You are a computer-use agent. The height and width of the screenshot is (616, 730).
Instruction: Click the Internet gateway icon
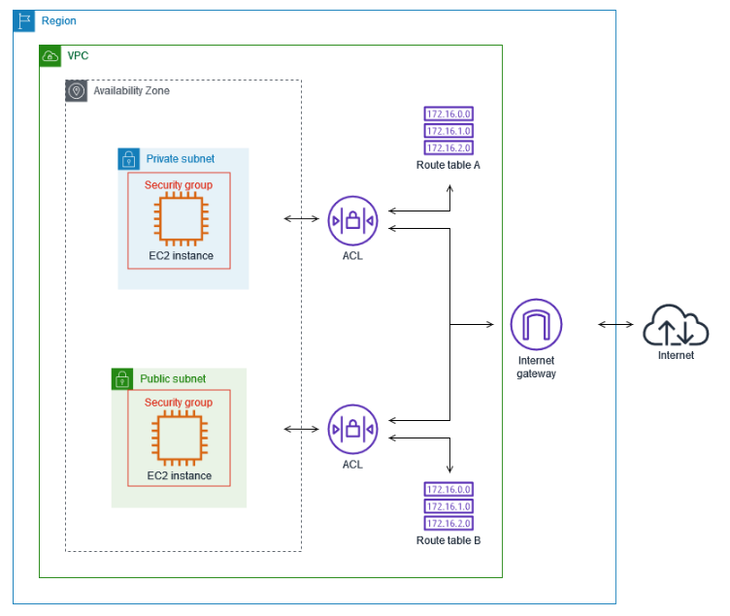tap(536, 324)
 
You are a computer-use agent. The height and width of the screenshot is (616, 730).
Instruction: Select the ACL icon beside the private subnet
tap(352, 220)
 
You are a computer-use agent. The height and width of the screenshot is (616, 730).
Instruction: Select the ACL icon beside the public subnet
tap(352, 429)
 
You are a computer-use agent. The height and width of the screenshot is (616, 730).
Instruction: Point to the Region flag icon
tap(24, 20)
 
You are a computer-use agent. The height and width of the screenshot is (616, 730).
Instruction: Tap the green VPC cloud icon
tap(50, 55)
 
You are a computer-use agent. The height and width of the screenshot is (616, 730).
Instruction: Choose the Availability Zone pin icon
tap(76, 90)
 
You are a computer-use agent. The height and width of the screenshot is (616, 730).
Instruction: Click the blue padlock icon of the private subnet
tap(128, 158)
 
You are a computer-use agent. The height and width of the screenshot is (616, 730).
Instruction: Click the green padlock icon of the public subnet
tap(122, 378)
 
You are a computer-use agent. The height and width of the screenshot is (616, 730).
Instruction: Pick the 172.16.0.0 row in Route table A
tap(448, 114)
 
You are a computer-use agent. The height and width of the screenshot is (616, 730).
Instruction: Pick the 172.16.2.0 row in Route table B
tap(448, 523)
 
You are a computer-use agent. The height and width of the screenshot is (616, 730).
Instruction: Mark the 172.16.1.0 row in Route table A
tap(448, 131)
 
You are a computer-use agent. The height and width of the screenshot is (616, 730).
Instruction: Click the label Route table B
tap(448, 540)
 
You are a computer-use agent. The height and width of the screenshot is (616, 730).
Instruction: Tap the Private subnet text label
tap(181, 158)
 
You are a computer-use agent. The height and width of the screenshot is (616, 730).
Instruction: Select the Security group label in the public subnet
tap(178, 402)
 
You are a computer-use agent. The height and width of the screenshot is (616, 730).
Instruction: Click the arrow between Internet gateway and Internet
tap(616, 324)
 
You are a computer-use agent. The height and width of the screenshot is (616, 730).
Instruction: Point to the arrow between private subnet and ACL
tap(301, 218)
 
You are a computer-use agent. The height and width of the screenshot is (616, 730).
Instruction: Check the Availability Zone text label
tap(131, 90)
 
